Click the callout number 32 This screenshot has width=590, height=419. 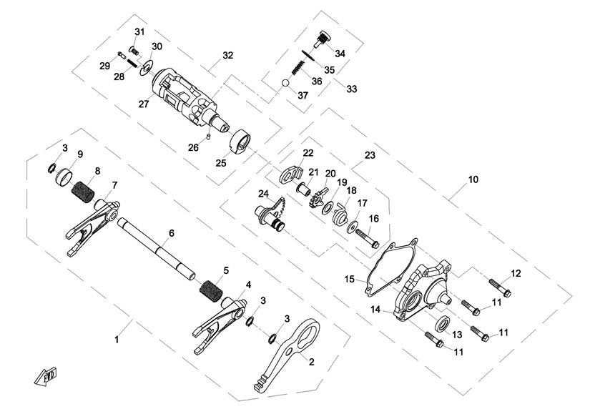tap(228, 55)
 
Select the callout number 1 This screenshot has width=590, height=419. tap(117, 340)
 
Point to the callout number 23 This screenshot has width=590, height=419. tap(370, 154)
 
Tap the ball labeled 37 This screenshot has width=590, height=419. tap(285, 84)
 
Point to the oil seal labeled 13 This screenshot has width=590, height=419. tap(439, 323)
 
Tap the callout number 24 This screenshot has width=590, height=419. tap(264, 193)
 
